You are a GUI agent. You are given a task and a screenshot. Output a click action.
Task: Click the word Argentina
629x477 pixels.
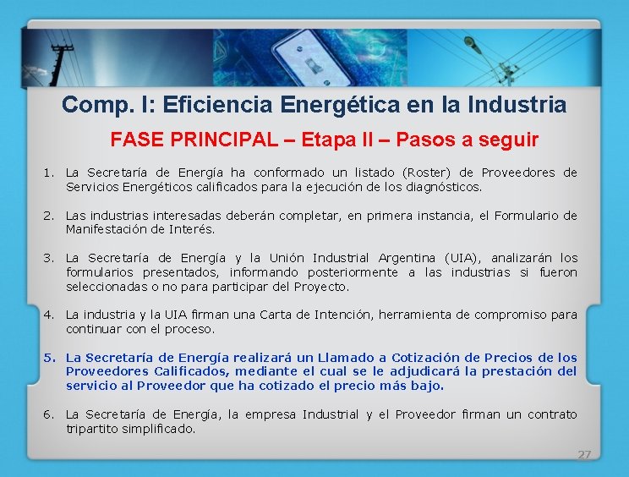click(407, 258)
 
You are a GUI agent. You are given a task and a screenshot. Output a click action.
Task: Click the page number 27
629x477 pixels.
click(584, 454)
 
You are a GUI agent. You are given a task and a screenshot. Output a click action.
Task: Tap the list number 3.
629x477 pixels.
click(49, 258)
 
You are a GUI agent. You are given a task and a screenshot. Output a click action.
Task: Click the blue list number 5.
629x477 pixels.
click(49, 358)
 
